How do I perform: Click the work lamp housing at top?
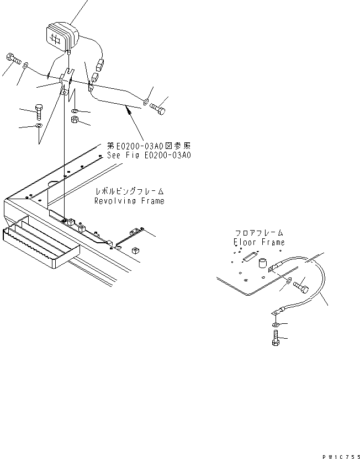coord(62,36)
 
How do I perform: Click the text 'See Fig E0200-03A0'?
coord(149,156)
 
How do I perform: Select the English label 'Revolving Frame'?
coord(129,201)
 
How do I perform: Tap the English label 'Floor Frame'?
coord(259,242)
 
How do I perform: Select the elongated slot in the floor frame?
coord(249,258)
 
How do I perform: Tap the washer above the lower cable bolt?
coord(275,325)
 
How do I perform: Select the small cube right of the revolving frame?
coord(135,249)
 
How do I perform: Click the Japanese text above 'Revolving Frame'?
coord(129,191)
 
